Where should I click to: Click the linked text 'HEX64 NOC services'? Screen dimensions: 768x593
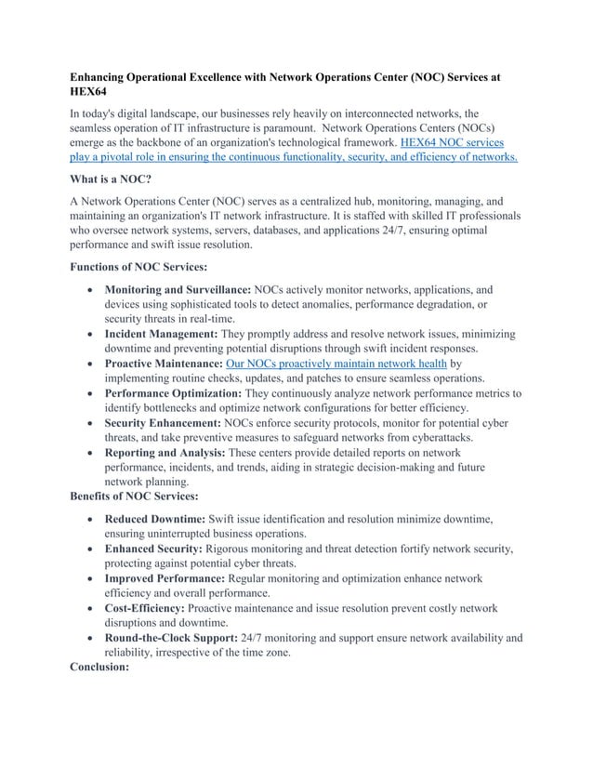point(452,142)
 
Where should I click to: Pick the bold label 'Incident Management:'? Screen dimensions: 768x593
point(160,334)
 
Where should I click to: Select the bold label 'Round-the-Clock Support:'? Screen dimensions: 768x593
point(177,638)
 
